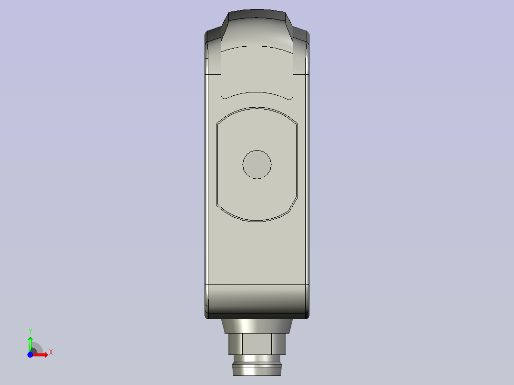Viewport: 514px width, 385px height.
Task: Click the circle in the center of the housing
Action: point(257,164)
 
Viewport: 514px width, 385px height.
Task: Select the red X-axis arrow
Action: point(41,355)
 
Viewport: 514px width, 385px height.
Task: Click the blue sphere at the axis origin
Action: point(30,355)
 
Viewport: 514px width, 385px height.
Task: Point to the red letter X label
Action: point(51,353)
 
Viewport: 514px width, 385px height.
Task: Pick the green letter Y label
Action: point(31,331)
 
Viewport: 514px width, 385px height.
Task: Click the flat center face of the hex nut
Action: point(257,342)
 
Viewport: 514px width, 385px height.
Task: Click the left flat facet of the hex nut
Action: point(235,342)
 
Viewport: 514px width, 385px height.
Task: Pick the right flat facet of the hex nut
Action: point(279,342)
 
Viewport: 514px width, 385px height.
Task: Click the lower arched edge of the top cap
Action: point(257,92)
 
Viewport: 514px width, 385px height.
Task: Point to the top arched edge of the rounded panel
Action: point(257,108)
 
